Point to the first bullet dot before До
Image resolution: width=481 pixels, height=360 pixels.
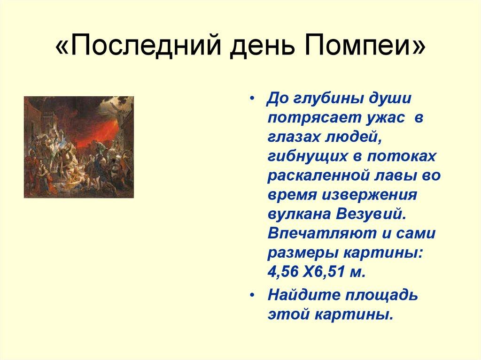point(254,100)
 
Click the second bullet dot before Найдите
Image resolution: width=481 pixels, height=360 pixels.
point(254,296)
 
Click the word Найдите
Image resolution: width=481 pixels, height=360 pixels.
point(301,296)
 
